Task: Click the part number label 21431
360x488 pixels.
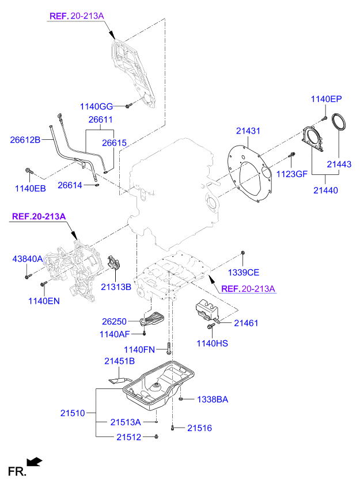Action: click(x=248, y=131)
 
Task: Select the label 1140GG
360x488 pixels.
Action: click(x=96, y=106)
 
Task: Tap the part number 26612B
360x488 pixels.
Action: click(x=25, y=139)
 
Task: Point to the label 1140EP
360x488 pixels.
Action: click(x=327, y=99)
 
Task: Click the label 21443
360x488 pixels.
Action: click(x=339, y=165)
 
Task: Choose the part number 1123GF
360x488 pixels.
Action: click(x=291, y=173)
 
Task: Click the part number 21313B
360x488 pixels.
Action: click(x=116, y=286)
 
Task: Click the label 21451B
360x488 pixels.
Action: click(x=119, y=361)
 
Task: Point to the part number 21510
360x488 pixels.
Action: click(x=73, y=413)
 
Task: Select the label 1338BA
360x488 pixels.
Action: click(x=213, y=399)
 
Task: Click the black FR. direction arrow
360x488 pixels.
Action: click(x=35, y=461)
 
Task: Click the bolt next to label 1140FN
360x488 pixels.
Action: click(x=169, y=348)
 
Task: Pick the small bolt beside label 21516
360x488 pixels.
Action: click(x=173, y=428)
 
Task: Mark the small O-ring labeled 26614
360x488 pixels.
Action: click(x=97, y=185)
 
